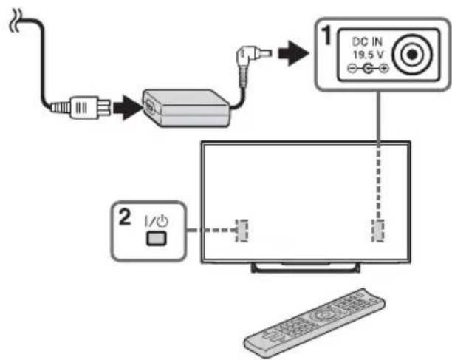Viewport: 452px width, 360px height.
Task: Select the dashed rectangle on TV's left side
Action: point(240,230)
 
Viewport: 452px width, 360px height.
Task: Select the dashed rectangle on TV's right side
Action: point(377,230)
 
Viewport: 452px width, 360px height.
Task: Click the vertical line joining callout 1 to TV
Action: point(377,118)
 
